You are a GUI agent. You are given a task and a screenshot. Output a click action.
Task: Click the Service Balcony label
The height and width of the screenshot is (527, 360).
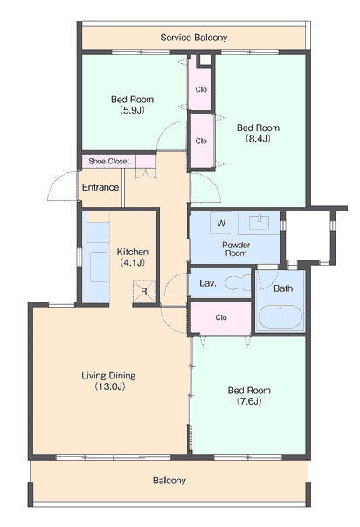(194, 38)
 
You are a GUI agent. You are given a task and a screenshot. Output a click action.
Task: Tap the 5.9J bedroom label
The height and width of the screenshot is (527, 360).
(133, 105)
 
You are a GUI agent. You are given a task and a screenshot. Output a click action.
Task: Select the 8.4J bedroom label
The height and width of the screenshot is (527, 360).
(258, 133)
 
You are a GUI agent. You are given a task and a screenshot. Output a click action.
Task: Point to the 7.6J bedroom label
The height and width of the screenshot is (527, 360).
(249, 396)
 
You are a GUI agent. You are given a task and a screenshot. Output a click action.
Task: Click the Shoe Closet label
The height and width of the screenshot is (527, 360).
(108, 162)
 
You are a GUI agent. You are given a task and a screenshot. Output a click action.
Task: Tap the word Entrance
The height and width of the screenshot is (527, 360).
(100, 187)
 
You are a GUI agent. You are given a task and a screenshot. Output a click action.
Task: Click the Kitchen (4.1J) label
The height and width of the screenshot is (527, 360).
(133, 257)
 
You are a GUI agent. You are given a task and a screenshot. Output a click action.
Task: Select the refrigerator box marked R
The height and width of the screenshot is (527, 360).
(144, 291)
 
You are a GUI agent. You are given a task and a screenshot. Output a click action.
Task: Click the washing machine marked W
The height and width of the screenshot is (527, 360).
(221, 223)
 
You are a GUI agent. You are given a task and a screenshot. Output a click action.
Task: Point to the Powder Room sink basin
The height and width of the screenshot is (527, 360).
(260, 222)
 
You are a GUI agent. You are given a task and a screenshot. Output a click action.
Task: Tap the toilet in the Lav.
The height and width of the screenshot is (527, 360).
(238, 282)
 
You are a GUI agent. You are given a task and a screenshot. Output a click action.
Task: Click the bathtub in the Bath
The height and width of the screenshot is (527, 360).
(280, 316)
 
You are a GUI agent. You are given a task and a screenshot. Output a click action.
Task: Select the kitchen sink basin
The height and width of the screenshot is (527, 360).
(99, 267)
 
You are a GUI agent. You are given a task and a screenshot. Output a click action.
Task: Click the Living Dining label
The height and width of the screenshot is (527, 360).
(108, 381)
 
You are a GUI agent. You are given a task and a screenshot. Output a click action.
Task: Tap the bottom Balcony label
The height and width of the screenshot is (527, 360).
(169, 481)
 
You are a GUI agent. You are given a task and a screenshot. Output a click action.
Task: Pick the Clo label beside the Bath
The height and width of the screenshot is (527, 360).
(221, 317)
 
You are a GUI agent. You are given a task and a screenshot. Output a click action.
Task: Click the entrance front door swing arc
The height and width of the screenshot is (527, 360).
(57, 184)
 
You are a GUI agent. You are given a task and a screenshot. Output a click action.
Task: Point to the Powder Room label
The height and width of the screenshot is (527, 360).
(236, 249)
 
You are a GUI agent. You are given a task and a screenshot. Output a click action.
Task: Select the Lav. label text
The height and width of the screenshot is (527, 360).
(207, 283)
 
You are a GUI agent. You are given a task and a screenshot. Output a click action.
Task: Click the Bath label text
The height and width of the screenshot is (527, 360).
(283, 288)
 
